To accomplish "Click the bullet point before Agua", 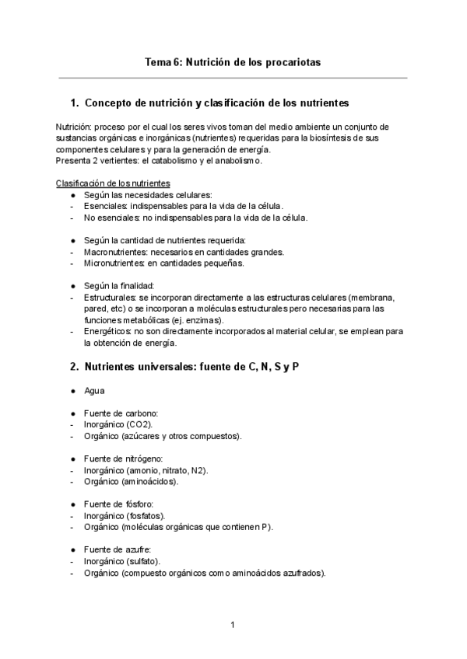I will (x=72, y=391).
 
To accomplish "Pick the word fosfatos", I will (x=143, y=516).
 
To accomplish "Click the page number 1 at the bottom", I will (x=233, y=625).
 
